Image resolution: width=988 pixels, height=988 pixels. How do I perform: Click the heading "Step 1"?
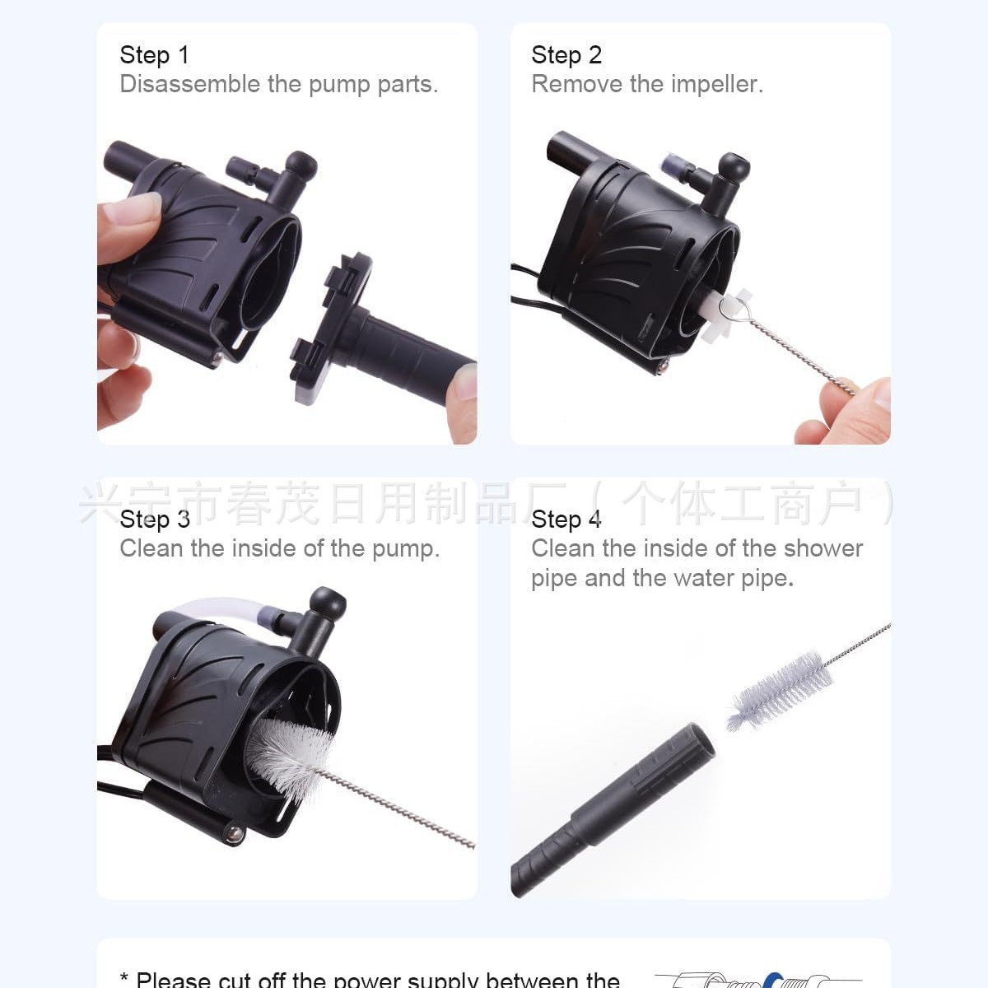point(154,55)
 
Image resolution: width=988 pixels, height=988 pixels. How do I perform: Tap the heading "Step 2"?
point(566,55)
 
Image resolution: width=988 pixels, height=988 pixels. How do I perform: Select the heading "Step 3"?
point(154,520)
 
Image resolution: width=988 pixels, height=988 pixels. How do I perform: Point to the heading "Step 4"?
point(566,520)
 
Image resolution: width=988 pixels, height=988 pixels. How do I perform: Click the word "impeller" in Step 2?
point(716,84)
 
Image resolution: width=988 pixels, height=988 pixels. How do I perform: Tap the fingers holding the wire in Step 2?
point(848,412)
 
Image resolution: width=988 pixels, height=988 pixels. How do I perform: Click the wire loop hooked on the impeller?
point(729,309)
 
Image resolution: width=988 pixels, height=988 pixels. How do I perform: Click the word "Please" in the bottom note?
point(172,980)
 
